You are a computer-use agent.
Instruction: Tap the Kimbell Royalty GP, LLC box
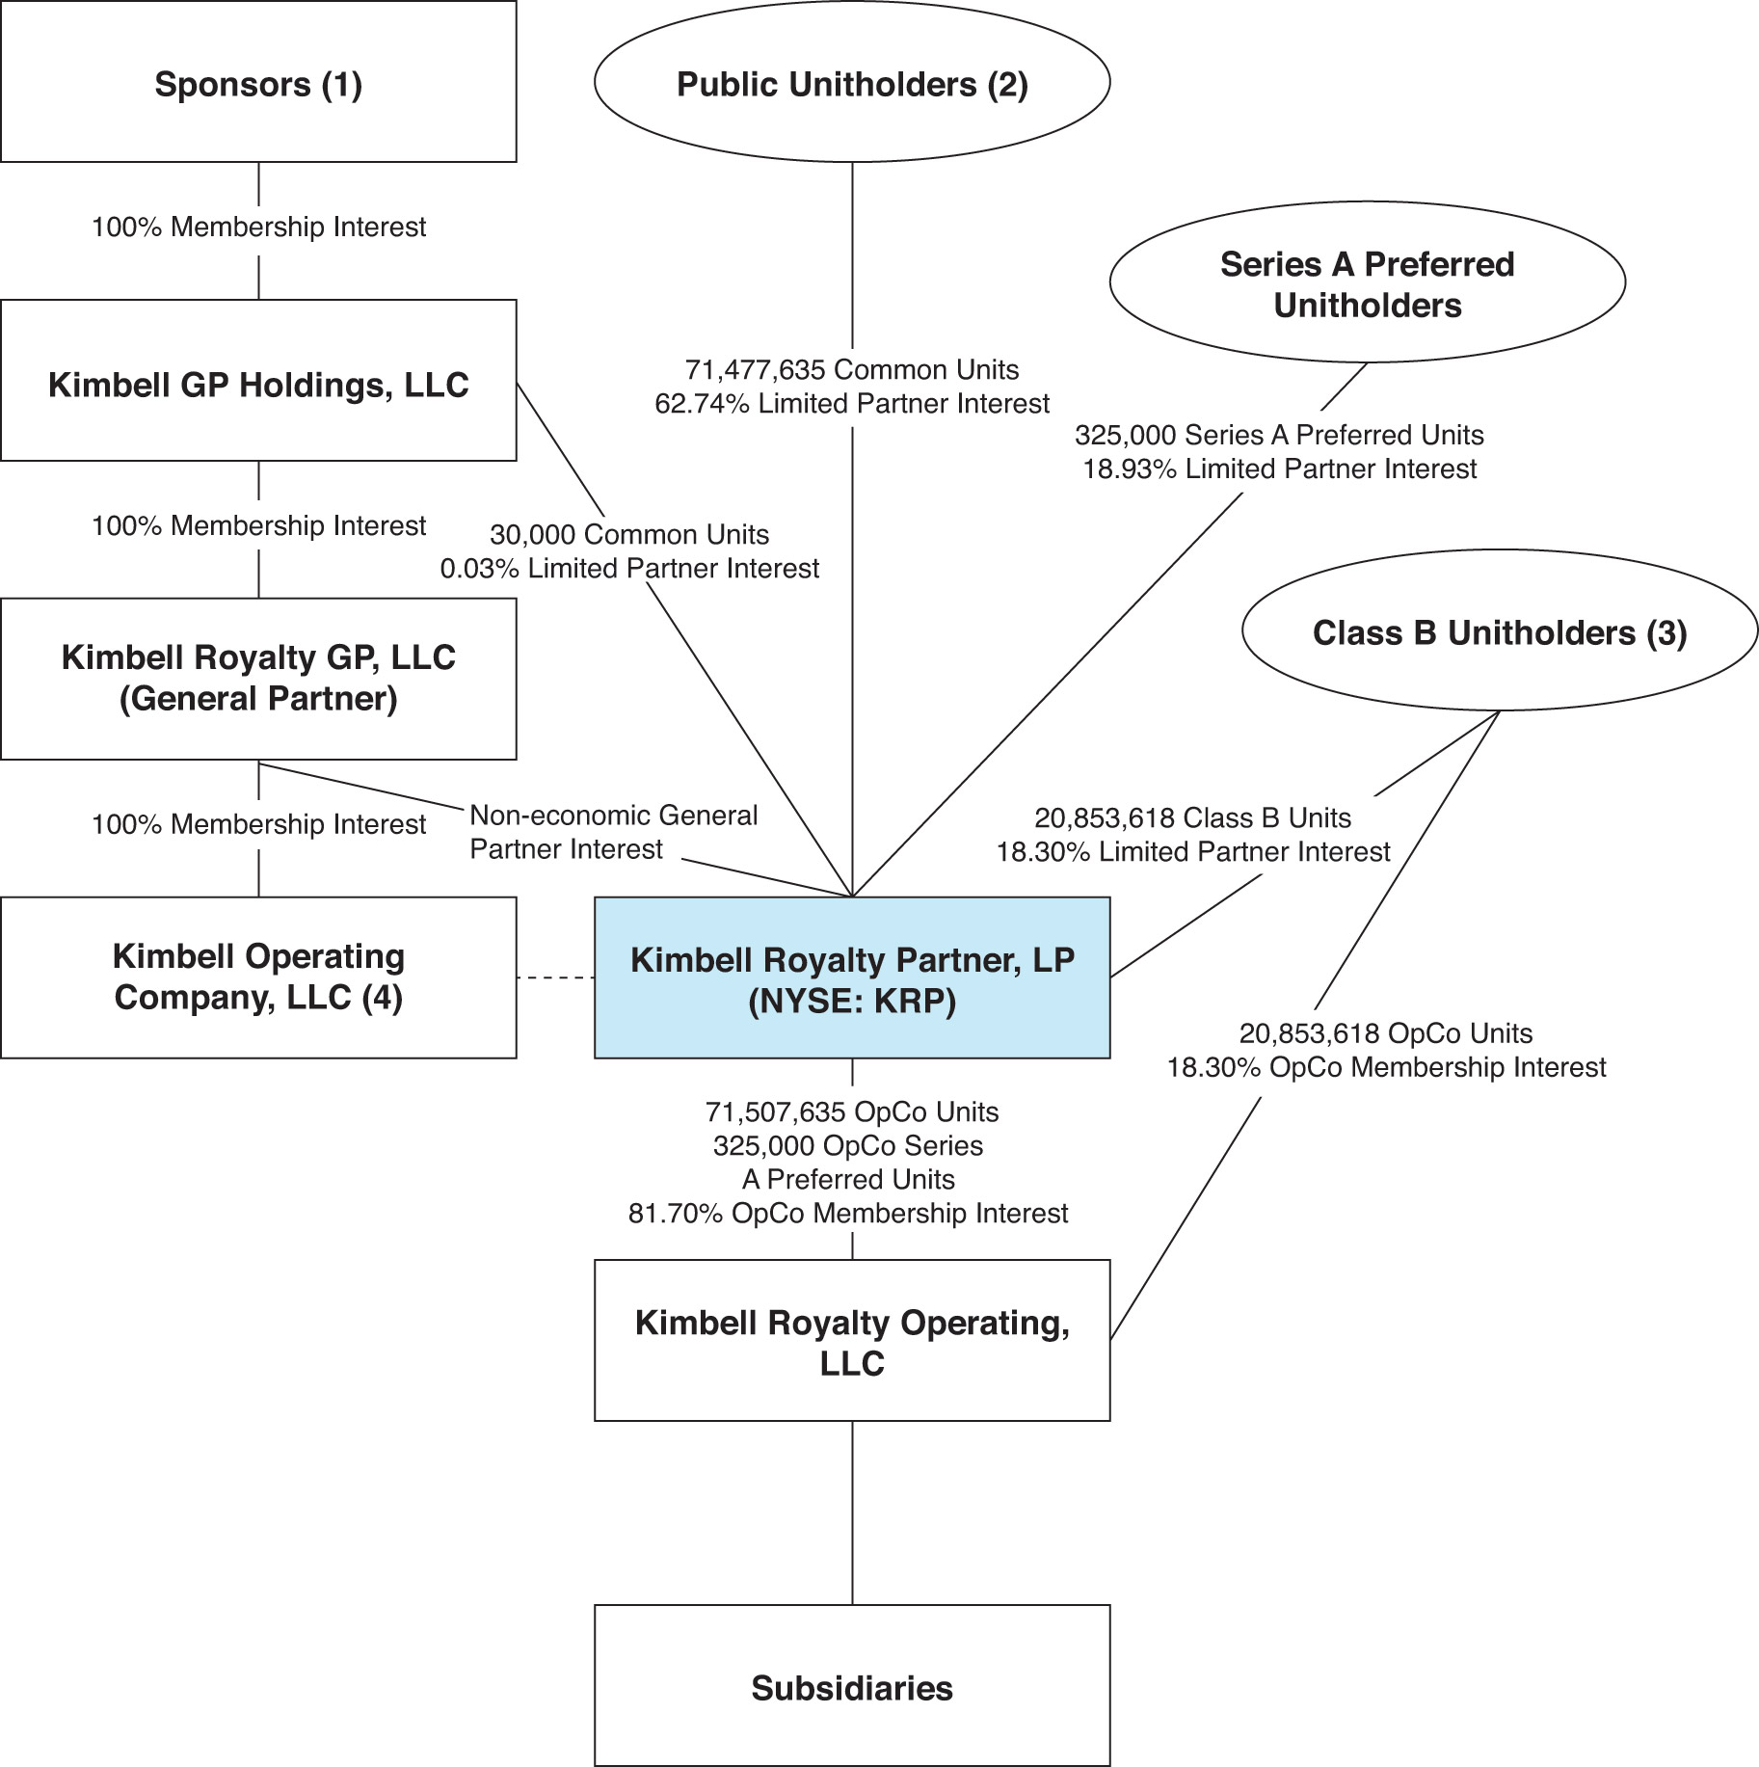click(x=258, y=679)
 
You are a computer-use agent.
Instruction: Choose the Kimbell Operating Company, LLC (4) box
click(x=258, y=977)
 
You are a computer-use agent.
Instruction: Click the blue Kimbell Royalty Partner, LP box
click(x=852, y=978)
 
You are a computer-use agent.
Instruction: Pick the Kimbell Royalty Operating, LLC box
click(x=852, y=1340)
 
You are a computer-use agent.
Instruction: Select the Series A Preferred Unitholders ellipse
click(x=1367, y=283)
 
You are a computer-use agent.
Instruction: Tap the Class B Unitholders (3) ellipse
click(x=1499, y=632)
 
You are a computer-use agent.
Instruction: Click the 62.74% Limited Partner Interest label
click(x=852, y=404)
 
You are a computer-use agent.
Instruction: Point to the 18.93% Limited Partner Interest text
click(x=1280, y=469)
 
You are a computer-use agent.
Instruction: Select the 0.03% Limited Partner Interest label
click(x=629, y=569)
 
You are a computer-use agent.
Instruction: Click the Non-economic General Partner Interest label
click(x=613, y=832)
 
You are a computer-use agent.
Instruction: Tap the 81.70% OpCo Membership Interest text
click(x=848, y=1214)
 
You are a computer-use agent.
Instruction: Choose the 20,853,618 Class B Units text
click(x=1193, y=818)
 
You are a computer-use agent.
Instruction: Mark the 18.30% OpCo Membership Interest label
click(x=1386, y=1068)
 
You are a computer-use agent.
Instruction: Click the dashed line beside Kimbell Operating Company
click(x=555, y=978)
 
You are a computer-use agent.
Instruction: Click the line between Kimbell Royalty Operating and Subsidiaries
click(x=852, y=1513)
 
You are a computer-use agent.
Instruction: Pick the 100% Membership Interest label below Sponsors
click(x=258, y=228)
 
